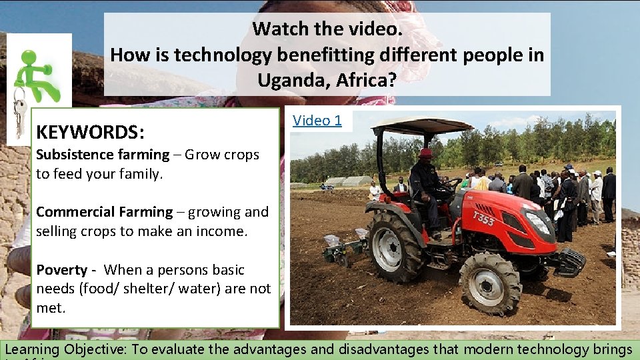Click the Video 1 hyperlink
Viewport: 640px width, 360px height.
(x=317, y=121)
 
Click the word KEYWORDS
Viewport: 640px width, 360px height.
(x=89, y=132)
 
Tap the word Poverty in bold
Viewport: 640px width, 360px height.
(x=61, y=270)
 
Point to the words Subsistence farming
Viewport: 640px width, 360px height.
(x=103, y=155)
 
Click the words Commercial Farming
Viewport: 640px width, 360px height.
(x=104, y=212)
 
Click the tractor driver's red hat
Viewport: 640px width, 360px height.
(x=425, y=153)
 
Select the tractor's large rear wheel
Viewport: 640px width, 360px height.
(x=395, y=246)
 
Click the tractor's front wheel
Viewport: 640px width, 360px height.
(x=491, y=283)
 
